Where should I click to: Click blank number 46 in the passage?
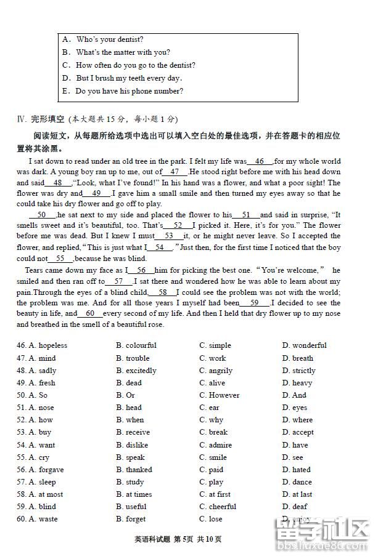pos(260,162)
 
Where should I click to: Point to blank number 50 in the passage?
pos(42,215)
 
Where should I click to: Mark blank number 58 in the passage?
pos(163,292)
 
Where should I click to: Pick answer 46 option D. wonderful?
pos(304,345)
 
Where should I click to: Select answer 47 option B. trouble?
pos(133,358)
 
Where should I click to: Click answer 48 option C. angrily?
pos(216,371)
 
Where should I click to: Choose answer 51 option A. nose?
pos(41,408)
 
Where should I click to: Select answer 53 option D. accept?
pos(298,432)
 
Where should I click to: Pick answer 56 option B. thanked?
pos(134,470)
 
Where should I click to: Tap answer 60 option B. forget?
pos(131,519)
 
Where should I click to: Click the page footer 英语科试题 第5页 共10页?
pos(178,539)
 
